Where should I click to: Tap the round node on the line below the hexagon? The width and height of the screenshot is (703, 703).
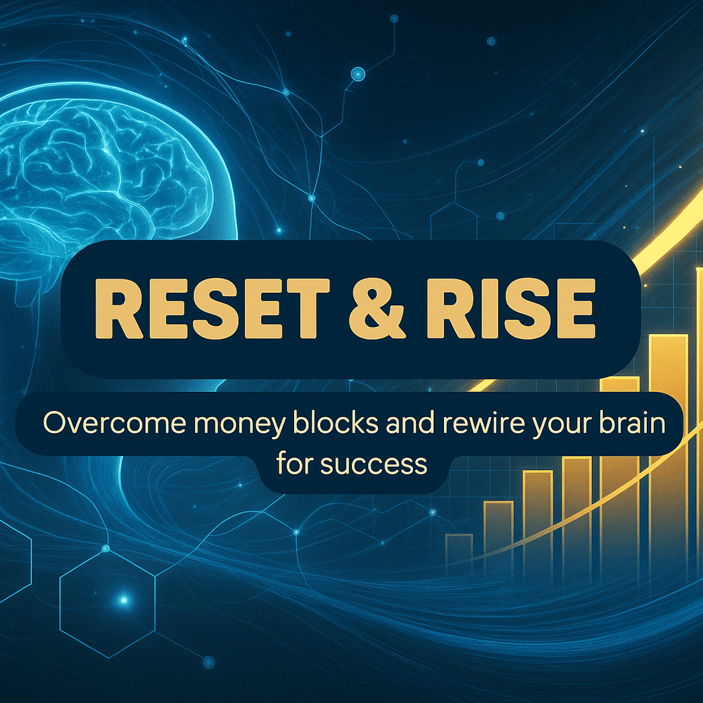pyautogui.click(x=208, y=661)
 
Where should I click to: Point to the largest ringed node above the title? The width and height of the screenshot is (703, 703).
pyautogui.click(x=357, y=72)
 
